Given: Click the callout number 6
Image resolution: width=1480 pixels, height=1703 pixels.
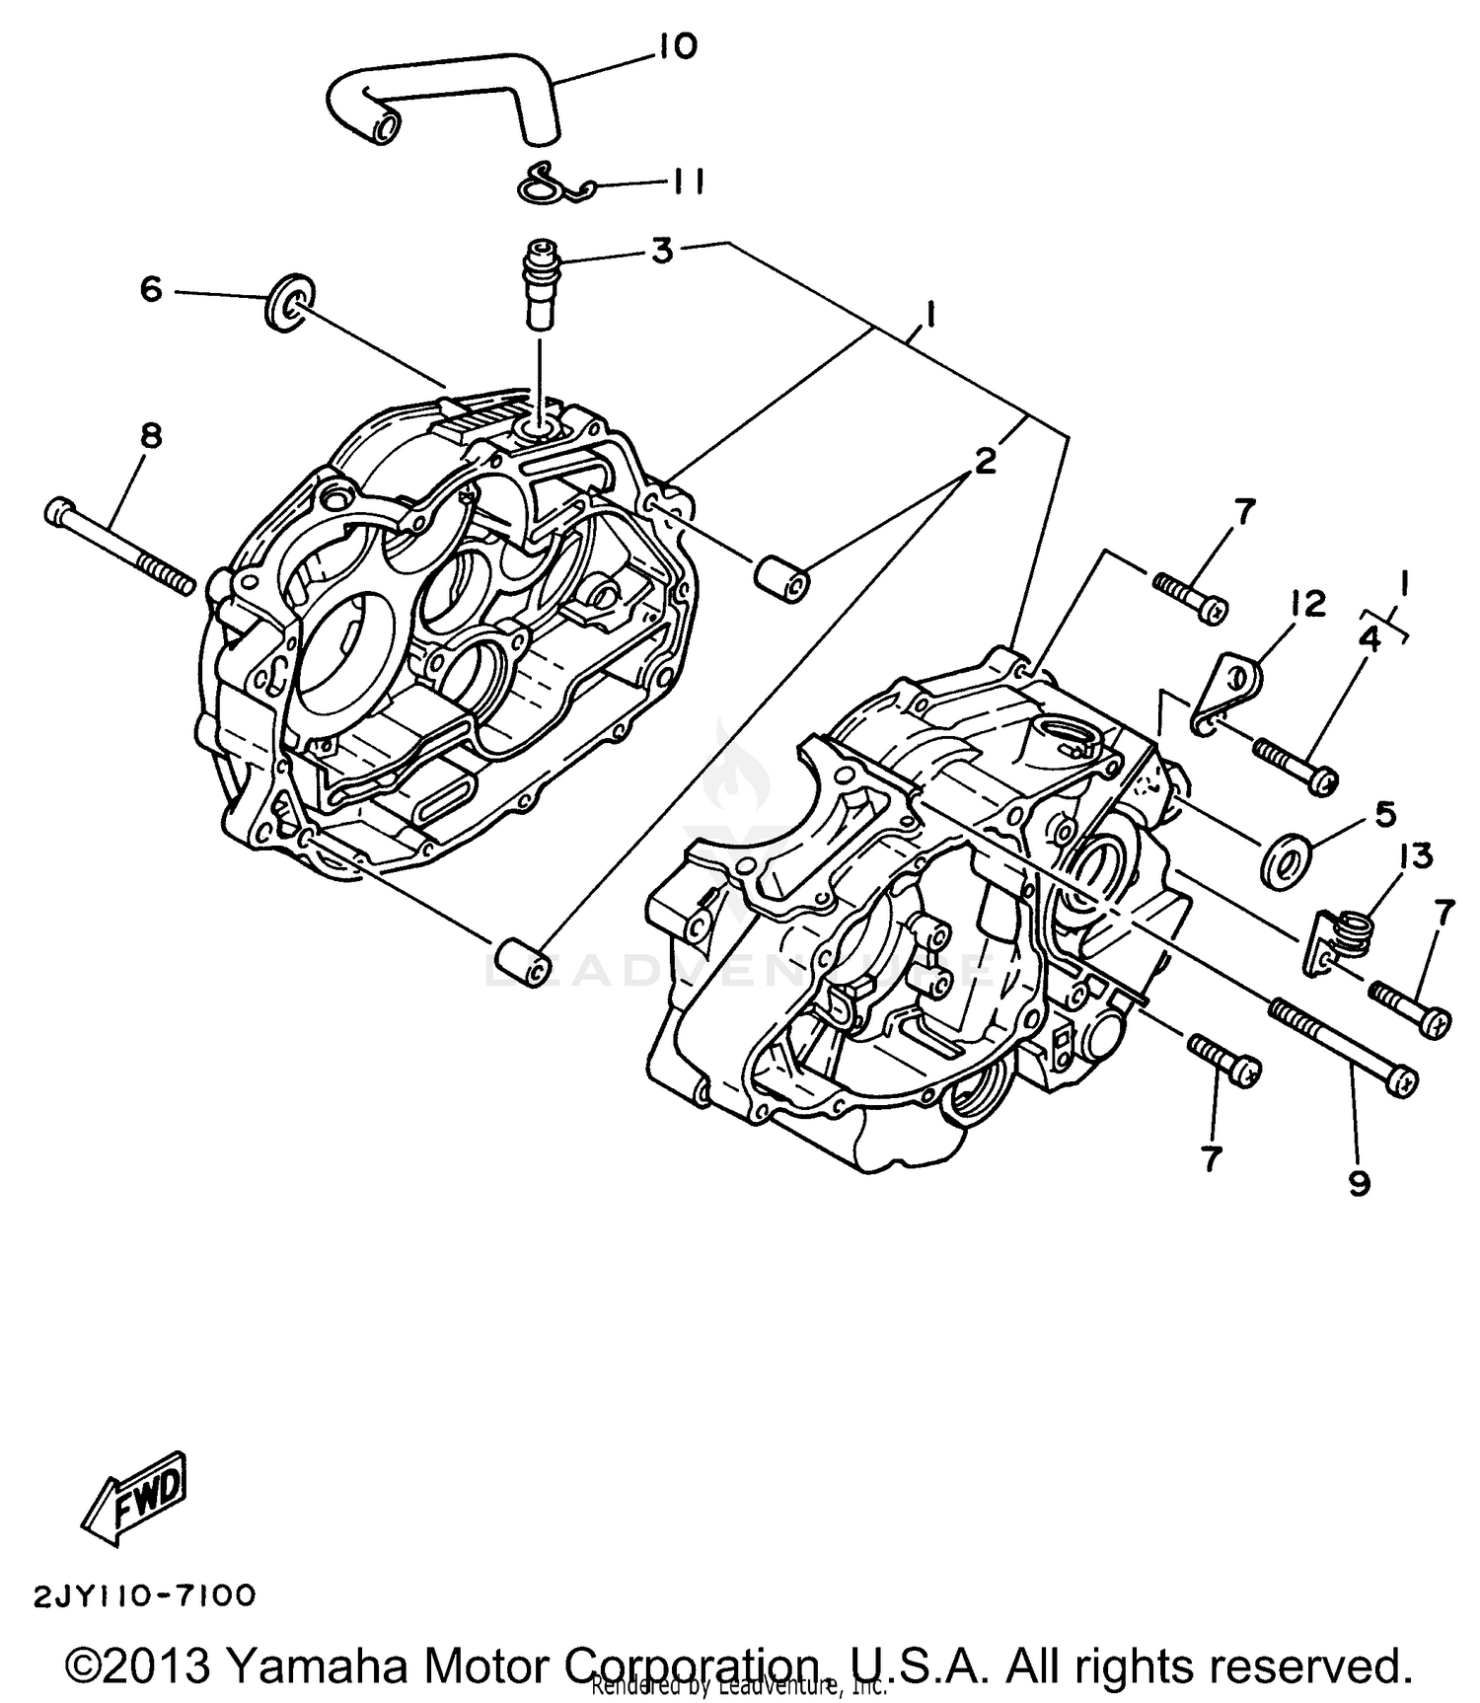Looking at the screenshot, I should pos(150,290).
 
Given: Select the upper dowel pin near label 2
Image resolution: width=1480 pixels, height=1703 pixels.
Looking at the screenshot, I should pos(782,580).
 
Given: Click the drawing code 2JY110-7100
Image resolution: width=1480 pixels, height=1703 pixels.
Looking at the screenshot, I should pos(145,1595).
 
